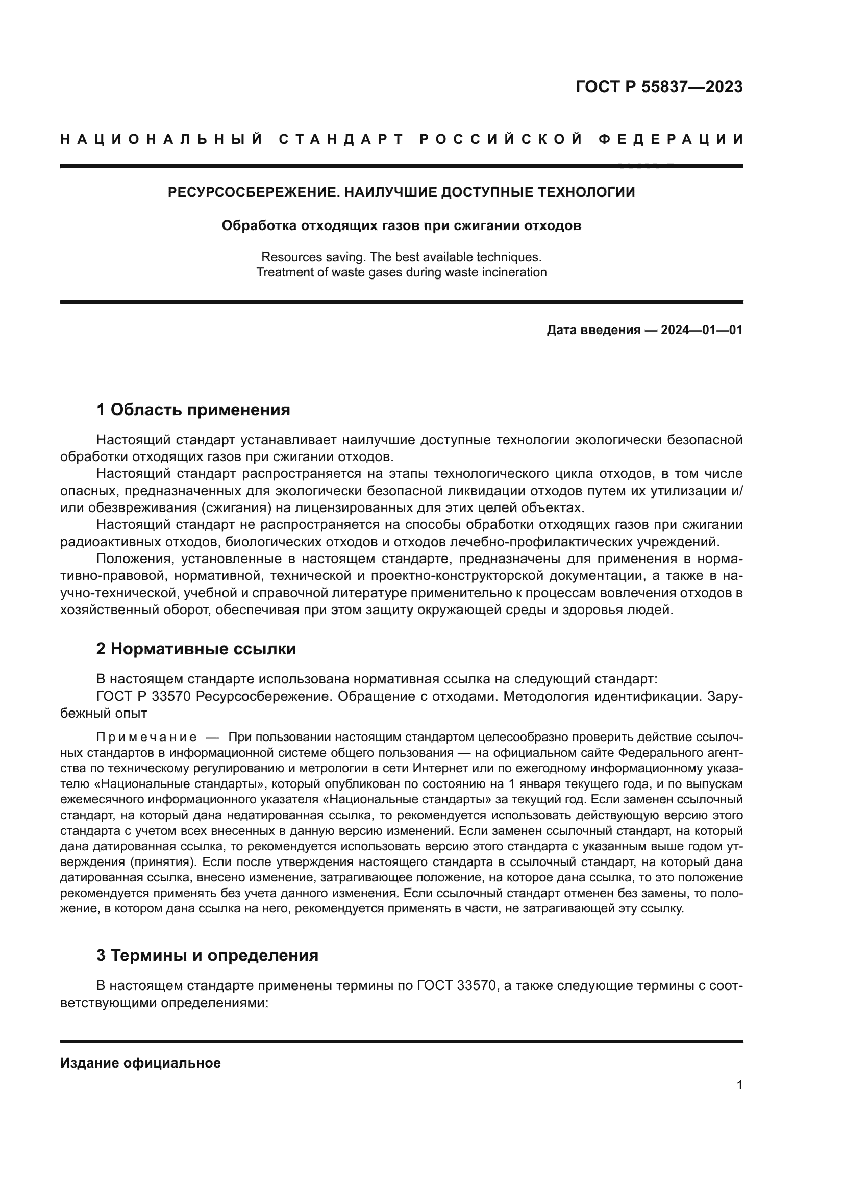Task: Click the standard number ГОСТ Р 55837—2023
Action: pos(659,87)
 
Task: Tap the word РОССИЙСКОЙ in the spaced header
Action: pos(501,139)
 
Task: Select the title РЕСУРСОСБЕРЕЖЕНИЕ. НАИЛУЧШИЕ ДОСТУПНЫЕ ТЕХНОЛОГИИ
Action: pos(401,193)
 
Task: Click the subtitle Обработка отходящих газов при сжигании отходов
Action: pos(401,226)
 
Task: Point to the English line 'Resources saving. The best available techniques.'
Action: pos(401,257)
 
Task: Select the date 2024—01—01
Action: pos(702,330)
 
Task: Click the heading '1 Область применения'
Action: pos(193,410)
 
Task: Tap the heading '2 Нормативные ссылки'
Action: pos(196,649)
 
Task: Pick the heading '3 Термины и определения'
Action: pos(207,955)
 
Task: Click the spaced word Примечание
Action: pos(146,738)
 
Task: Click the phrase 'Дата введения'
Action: pos(593,330)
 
